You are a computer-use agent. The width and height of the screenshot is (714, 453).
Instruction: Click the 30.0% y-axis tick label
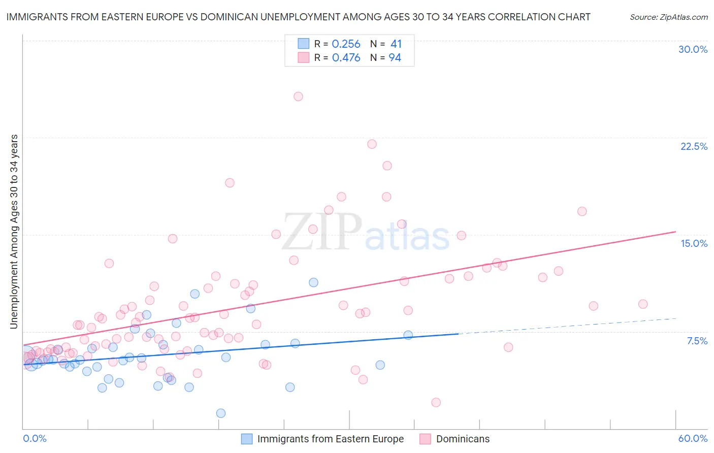(693, 49)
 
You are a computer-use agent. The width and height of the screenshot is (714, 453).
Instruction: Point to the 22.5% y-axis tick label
(694, 146)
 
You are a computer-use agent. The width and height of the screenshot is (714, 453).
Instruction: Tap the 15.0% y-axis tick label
(694, 243)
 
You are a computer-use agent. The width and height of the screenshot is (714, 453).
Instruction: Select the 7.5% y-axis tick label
(697, 341)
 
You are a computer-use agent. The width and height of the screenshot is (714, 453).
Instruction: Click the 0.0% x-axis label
(35, 438)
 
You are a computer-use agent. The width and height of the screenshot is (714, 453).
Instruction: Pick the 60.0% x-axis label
(693, 438)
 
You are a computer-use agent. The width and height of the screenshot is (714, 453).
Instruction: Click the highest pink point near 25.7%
(298, 96)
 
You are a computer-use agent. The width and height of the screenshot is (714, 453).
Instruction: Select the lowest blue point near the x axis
(221, 413)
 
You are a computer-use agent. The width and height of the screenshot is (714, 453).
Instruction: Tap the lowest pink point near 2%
(436, 402)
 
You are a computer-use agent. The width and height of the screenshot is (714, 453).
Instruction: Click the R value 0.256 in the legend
(346, 44)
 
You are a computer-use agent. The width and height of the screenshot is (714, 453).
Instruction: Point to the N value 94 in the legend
(395, 58)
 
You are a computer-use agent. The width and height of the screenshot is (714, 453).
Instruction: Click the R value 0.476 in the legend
(346, 58)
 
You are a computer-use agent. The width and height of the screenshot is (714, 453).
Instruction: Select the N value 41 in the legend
(396, 44)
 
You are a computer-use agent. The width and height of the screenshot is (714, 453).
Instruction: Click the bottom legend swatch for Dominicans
(425, 439)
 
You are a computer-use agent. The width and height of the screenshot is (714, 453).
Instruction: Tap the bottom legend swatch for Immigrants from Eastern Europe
(247, 439)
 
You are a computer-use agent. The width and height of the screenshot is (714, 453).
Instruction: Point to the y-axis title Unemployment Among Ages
(14, 231)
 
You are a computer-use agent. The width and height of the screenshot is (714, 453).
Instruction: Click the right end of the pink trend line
(675, 232)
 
